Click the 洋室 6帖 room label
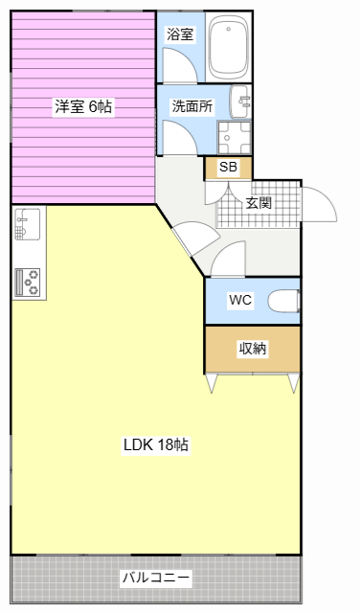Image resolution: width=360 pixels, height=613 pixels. pos(83,106)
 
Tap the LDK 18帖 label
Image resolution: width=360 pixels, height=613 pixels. pos(156,444)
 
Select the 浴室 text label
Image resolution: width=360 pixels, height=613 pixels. pos(180,34)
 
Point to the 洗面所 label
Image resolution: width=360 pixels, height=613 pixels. pos(192,106)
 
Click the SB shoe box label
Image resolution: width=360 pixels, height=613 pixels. pos(228,167)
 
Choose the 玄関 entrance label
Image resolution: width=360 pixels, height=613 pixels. pos(259,203)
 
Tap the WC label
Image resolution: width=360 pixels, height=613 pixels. pos(240,300)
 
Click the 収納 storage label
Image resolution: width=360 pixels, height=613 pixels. pos(253,349)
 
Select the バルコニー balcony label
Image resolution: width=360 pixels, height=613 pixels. pos(156,578)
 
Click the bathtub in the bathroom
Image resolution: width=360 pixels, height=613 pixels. pos(229,48)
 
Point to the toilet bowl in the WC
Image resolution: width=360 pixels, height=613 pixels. pos(283,301)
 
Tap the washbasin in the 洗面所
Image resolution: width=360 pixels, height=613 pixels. pos(240,102)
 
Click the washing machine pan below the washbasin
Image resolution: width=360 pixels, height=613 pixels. pos(235,138)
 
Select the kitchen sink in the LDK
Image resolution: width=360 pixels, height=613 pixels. pos(28,224)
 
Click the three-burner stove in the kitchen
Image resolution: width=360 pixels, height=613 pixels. pos(28,283)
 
